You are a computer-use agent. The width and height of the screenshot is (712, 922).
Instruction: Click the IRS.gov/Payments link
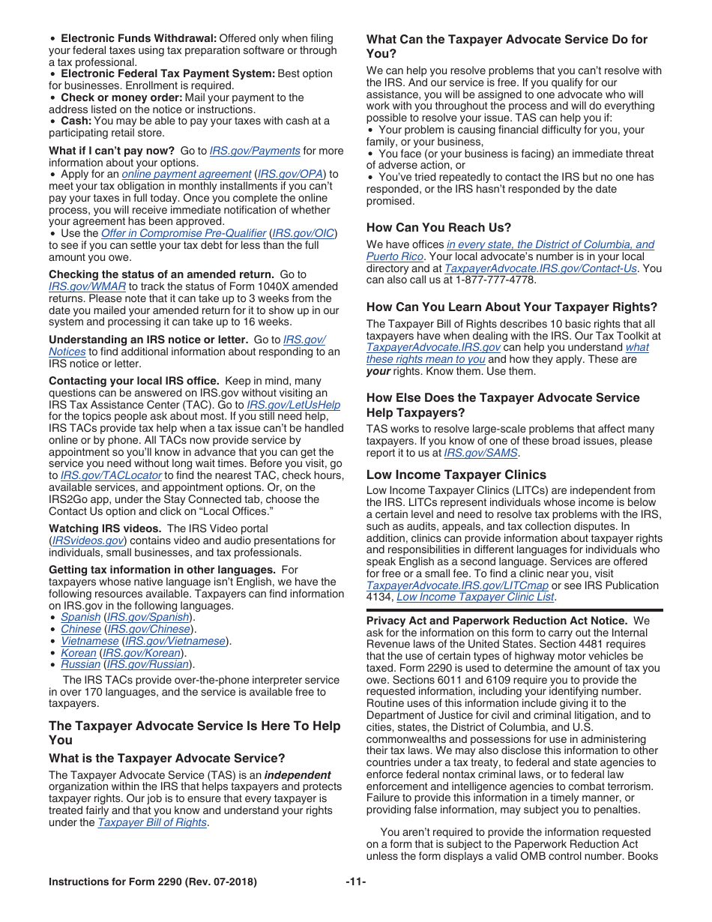(x=255, y=151)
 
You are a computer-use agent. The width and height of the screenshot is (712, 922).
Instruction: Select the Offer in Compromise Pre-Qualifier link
(x=183, y=233)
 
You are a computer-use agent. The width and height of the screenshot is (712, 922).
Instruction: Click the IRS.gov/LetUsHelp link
(x=293, y=405)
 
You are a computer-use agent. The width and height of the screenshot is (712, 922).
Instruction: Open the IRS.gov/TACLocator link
(x=111, y=475)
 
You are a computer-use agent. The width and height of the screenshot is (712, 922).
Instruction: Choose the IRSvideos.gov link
(x=86, y=540)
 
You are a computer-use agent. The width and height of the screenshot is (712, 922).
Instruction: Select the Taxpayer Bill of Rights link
(x=152, y=822)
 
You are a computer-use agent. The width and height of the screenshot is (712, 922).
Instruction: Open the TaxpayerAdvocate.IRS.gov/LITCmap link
(x=457, y=585)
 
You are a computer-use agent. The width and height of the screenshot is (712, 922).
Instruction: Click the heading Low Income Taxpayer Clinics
(x=456, y=474)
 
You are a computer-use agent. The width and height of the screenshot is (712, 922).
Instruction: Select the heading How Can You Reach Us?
(x=438, y=227)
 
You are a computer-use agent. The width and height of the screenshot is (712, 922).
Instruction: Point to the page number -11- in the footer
(x=355, y=882)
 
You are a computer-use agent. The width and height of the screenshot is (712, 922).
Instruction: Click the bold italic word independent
(x=298, y=775)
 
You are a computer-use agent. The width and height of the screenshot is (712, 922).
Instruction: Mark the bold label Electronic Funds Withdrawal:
(x=139, y=38)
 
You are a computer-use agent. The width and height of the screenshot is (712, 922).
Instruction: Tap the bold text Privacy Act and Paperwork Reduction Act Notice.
(x=496, y=621)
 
